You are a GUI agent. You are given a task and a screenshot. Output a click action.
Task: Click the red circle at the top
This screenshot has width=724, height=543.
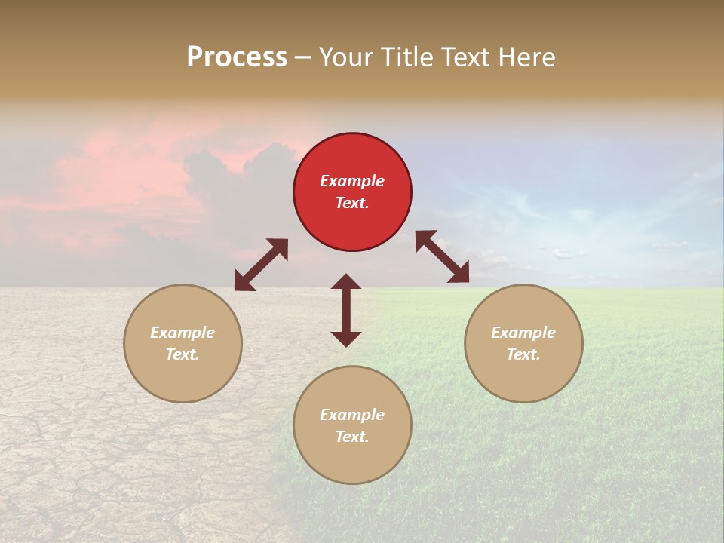(x=352, y=192)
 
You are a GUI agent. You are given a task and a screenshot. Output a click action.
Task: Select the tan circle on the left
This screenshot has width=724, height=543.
(x=183, y=343)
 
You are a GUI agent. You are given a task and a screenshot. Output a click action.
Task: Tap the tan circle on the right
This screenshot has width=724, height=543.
(x=523, y=343)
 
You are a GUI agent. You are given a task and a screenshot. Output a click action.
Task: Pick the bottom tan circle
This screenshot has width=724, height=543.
(x=352, y=425)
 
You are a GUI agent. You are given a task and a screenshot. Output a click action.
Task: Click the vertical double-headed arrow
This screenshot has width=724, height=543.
(x=346, y=310)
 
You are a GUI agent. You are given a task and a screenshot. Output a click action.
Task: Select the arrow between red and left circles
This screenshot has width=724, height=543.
(x=261, y=265)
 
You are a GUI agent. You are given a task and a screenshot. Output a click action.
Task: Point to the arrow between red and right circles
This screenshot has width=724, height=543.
(x=443, y=256)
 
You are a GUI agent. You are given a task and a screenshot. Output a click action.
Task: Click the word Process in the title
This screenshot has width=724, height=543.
(x=237, y=57)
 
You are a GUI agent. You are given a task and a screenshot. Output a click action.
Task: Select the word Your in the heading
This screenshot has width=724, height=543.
(x=347, y=57)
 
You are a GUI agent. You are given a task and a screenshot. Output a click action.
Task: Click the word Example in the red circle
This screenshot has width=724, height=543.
(x=352, y=181)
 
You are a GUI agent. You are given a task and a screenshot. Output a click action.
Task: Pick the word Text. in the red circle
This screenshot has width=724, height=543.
(x=352, y=203)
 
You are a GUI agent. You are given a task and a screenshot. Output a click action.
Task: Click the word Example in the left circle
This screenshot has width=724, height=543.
(x=183, y=333)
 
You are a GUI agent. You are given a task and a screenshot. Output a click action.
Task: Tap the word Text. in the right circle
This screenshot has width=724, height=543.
(x=523, y=354)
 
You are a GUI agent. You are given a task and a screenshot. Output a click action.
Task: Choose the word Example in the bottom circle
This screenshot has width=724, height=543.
(x=352, y=415)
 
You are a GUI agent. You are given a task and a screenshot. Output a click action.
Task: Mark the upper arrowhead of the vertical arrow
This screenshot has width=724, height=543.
(x=346, y=283)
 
